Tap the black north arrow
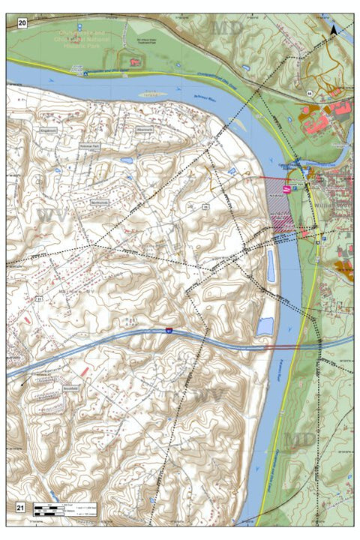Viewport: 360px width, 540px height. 334,30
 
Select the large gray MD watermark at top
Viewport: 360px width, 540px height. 229,28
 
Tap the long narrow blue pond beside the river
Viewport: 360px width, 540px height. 270,265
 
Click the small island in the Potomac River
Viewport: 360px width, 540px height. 153,95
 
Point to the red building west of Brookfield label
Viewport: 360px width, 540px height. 85,372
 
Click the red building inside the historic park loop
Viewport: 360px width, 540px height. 136,62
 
